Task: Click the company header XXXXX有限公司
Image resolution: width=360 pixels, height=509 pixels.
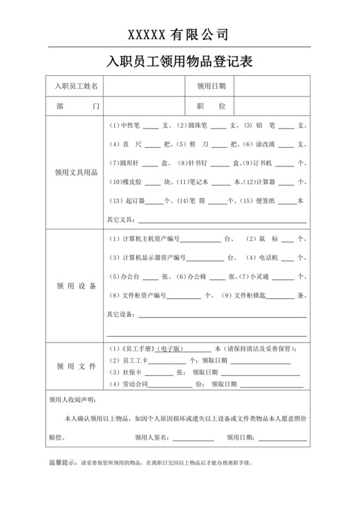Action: click(179, 33)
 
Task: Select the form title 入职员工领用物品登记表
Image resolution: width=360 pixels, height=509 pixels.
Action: click(179, 62)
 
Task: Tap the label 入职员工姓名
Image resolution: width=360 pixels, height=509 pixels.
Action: click(75, 85)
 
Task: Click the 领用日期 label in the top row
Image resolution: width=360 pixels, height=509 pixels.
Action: click(211, 85)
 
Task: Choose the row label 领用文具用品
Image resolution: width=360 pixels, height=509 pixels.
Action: click(75, 172)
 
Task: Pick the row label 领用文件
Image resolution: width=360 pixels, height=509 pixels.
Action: click(75, 366)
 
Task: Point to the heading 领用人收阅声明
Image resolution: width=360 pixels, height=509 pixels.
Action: click(71, 400)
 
